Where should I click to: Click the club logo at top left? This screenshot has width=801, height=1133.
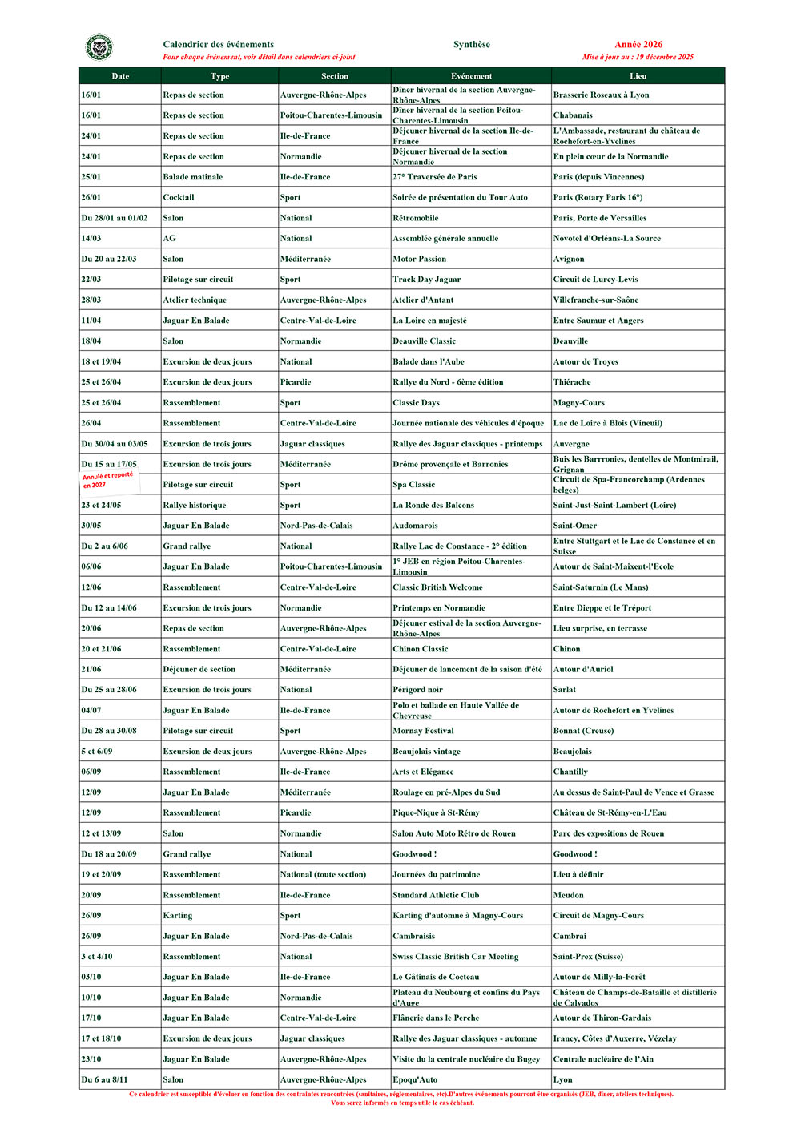pos(99,48)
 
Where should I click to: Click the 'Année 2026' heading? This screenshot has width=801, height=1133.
pos(638,45)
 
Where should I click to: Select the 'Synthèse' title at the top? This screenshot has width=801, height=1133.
pos(471,45)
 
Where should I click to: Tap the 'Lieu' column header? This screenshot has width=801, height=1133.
pos(638,76)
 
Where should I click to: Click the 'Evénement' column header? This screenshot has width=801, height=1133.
pos(471,76)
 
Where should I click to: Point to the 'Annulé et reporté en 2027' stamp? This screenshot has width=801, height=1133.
pos(108,480)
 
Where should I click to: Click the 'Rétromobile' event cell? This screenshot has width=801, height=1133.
pos(416,218)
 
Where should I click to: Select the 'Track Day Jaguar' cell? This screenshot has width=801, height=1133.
pos(427,280)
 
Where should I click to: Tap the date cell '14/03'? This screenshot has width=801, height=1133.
pos(91,238)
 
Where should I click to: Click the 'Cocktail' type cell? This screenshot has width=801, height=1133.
pos(179,197)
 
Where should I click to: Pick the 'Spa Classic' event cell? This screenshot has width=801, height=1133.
pos(414,485)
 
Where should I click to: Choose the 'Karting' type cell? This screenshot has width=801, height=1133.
pos(178,915)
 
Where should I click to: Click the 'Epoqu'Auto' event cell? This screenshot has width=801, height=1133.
pos(415,1079)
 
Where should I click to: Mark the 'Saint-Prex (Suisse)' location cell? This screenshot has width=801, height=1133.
pos(588,957)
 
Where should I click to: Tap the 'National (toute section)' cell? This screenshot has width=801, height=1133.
pos(323,874)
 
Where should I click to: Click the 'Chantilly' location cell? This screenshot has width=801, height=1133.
pos(570,772)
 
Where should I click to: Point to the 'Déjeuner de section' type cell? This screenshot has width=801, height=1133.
pos(199,669)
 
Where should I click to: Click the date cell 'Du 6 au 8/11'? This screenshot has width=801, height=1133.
pos(104,1079)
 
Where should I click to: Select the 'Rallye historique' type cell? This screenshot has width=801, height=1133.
pos(195,506)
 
